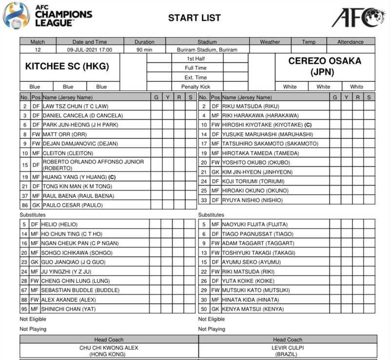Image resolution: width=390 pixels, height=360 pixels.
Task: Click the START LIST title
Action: [x=195, y=18]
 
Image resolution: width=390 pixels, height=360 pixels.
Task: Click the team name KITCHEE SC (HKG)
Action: [x=67, y=67]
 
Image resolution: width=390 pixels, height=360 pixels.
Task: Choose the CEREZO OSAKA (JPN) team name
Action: [x=325, y=67]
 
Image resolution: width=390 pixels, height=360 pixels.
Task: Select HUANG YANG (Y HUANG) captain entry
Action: [x=80, y=177]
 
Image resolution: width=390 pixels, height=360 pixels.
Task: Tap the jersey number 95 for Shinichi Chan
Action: [x=24, y=309]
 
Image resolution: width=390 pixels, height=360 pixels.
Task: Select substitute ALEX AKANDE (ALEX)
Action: [x=69, y=300]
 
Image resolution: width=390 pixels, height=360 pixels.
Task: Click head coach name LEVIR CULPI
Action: [x=288, y=347]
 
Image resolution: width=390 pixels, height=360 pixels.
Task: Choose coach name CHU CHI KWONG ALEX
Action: [x=109, y=347]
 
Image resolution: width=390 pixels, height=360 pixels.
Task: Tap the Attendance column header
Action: [x=351, y=42]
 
